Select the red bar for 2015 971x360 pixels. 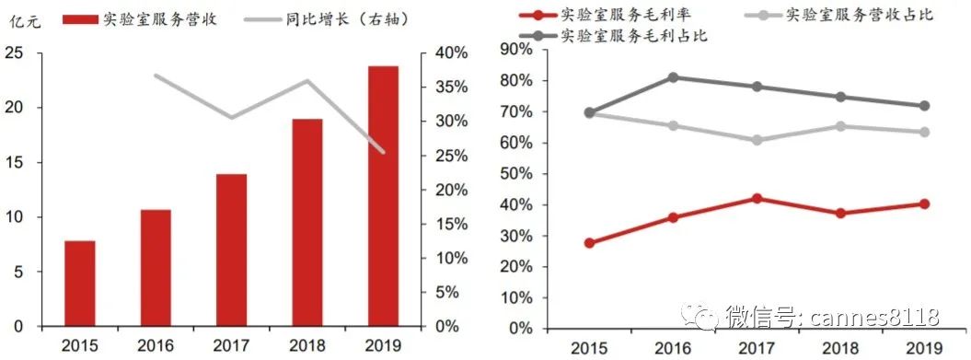point(80,283)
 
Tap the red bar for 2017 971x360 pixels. point(232,250)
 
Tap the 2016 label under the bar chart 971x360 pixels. point(156,345)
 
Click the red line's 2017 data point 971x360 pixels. point(757,198)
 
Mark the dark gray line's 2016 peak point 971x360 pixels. point(674,77)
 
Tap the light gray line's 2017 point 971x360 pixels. point(757,140)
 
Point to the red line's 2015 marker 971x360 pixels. point(589,243)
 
